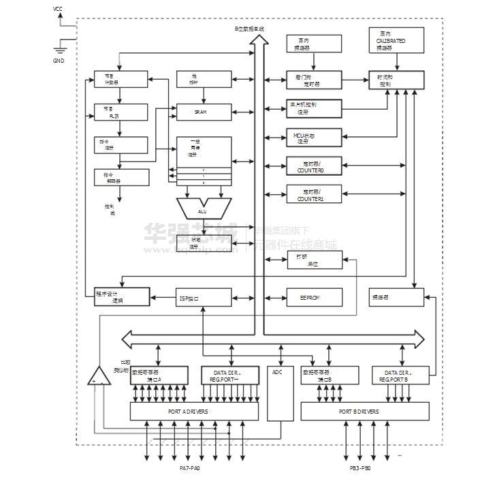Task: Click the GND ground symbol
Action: point(59,48)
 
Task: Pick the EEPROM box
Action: point(314,298)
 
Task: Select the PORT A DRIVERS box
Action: point(194,411)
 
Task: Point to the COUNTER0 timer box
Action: point(314,166)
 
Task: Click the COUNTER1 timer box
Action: point(314,194)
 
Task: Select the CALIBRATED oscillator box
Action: point(396,40)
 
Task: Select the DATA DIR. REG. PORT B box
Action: point(401,375)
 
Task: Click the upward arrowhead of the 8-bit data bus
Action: point(258,40)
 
